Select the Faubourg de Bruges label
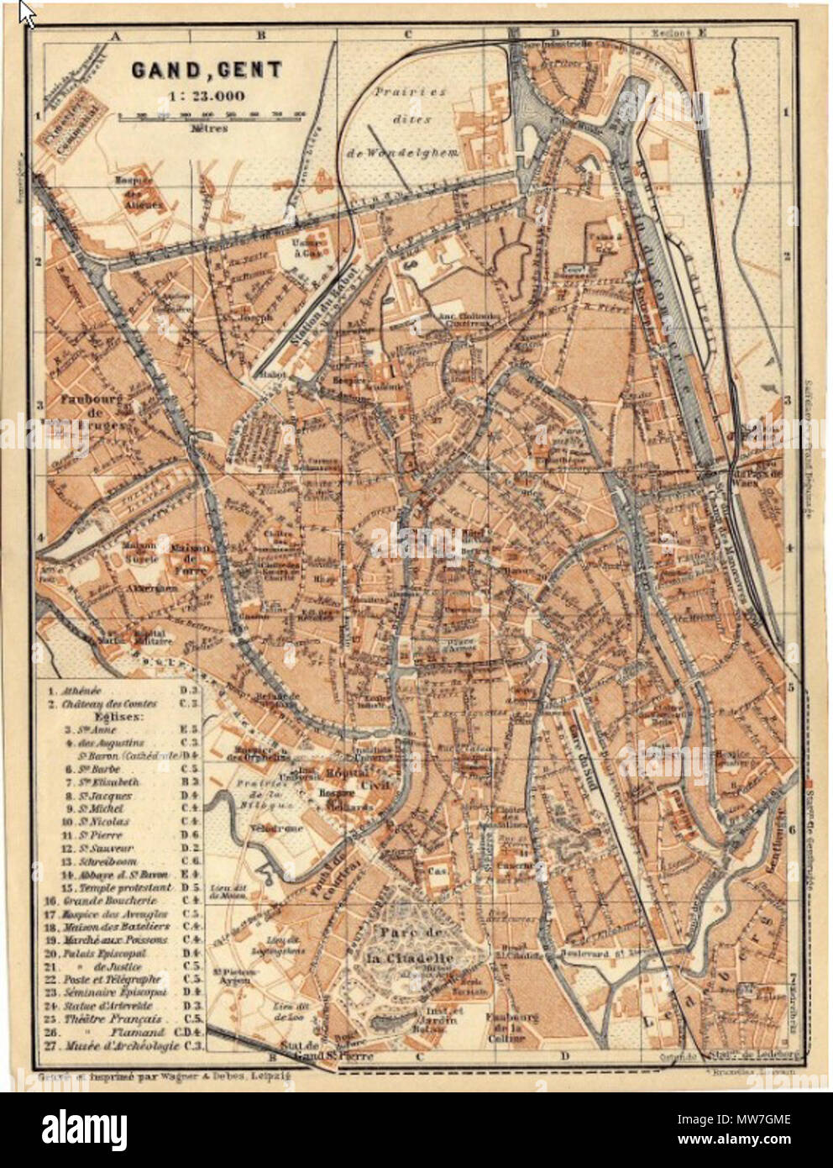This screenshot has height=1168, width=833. pos(92,413)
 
